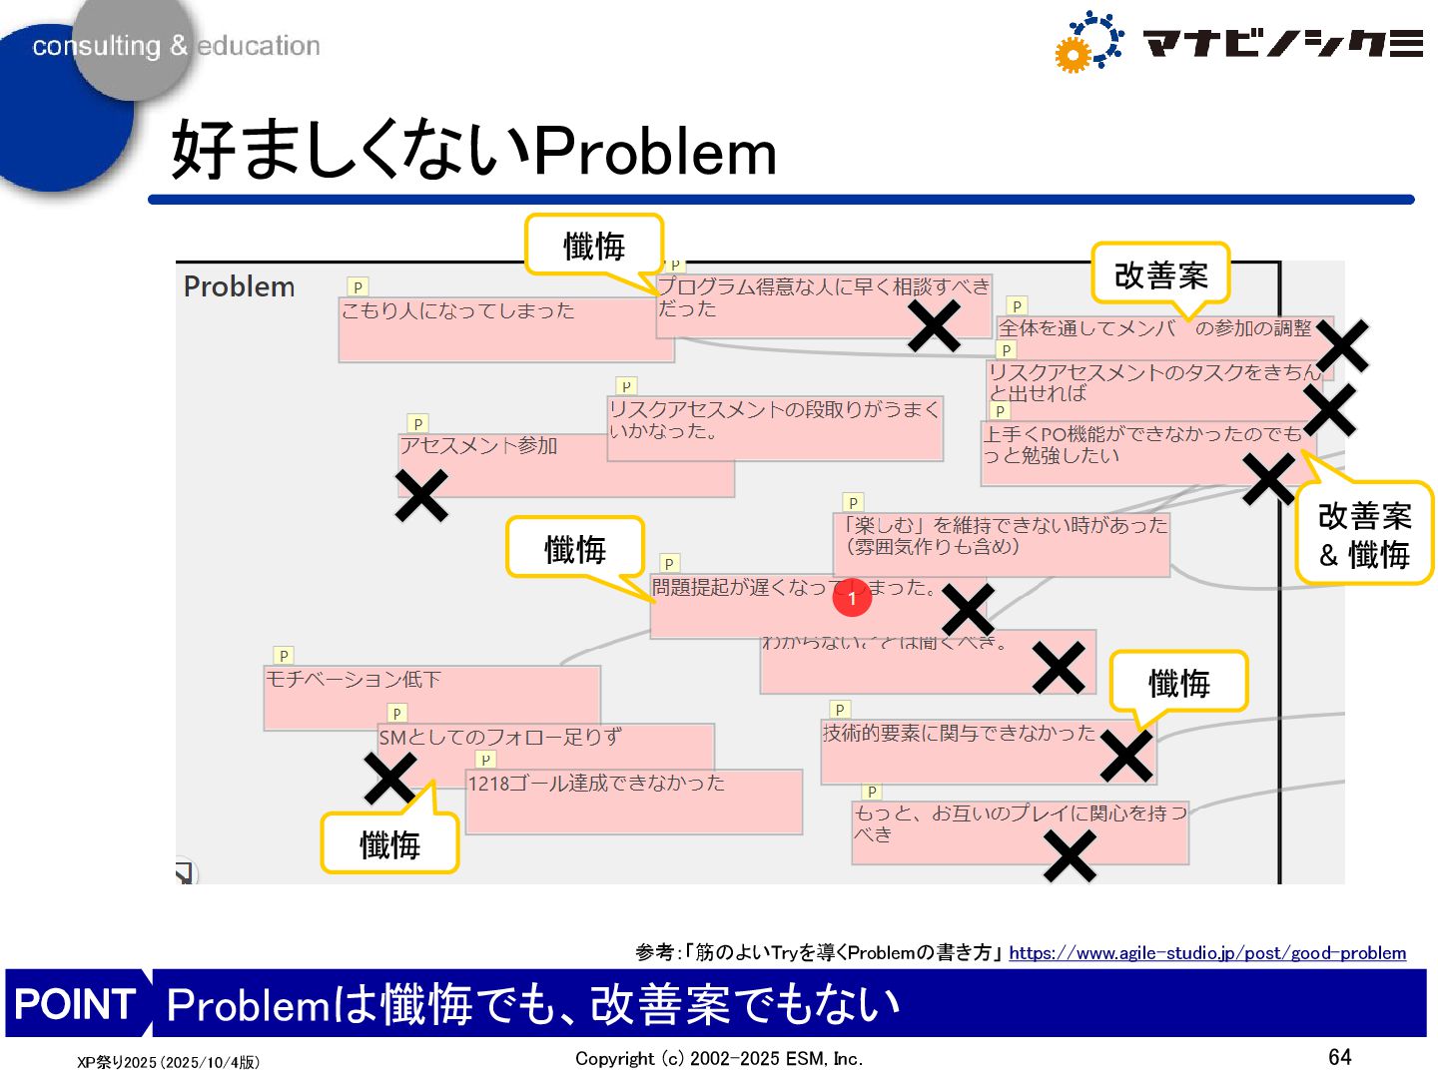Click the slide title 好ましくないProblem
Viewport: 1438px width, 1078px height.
coord(473,151)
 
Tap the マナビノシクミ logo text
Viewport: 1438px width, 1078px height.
coord(1282,43)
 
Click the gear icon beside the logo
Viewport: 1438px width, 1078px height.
coord(1087,42)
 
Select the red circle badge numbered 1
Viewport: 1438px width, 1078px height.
coord(852,598)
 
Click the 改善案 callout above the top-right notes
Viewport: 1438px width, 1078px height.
coord(1160,274)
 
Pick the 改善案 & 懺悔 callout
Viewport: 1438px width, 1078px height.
coord(1364,534)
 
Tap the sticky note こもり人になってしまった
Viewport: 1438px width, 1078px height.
coord(458,311)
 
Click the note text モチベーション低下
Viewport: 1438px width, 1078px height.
coord(354,680)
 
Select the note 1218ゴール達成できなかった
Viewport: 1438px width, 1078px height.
coord(597,784)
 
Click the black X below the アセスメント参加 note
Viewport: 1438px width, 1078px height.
coord(421,496)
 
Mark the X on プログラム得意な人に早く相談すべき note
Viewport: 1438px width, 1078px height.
coord(935,325)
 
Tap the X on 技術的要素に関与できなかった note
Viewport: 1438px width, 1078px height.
coord(1126,756)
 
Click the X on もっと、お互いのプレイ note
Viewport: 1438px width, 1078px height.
coord(1070,856)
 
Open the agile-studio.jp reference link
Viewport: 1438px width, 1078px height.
coord(1206,953)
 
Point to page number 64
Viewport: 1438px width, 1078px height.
coord(1339,1057)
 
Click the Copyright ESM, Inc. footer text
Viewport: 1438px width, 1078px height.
coord(719,1059)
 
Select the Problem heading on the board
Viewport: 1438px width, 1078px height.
coord(240,287)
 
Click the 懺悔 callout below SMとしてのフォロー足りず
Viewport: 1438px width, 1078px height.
coord(389,844)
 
